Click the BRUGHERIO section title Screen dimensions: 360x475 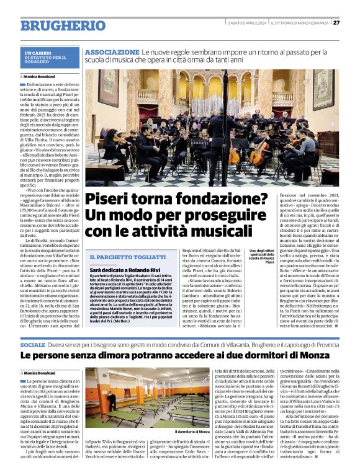coord(63,25)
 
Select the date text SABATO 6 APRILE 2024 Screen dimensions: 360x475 coord(247,22)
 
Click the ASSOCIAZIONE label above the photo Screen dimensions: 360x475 coord(112,52)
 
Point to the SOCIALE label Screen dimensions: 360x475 coord(33,344)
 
